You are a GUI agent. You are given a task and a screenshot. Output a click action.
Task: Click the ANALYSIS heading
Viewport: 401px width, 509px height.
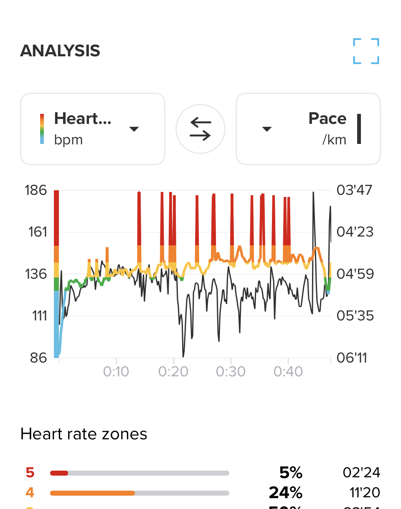[60, 51]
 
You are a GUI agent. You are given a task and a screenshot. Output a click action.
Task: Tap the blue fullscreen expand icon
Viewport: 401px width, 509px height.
[366, 51]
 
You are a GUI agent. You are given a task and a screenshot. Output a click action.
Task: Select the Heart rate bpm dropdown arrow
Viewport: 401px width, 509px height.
[134, 129]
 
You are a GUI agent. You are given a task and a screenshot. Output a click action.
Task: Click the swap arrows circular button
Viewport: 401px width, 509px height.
[200, 129]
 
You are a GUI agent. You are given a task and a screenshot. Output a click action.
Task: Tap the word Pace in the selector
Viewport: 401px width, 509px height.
[327, 119]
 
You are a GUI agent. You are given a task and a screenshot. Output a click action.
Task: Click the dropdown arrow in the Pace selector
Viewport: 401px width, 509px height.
[267, 129]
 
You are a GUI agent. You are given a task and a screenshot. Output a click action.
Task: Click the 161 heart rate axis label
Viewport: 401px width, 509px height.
[38, 232]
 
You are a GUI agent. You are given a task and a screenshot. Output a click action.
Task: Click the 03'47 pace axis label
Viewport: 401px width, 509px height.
[355, 190]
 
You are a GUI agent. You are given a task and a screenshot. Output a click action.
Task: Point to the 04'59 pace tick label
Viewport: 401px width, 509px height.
[355, 274]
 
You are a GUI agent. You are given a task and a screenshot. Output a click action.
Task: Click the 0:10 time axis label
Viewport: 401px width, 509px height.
[116, 371]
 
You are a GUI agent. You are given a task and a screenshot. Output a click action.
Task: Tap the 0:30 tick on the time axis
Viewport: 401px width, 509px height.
[231, 371]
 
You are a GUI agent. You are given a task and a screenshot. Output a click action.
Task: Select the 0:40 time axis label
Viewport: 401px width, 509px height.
[288, 371]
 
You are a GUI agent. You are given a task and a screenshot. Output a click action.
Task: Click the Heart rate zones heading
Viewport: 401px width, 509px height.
[84, 434]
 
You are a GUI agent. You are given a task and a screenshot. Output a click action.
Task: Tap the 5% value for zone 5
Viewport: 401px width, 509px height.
[291, 473]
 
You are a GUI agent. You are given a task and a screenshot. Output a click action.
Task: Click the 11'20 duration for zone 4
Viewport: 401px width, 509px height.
[365, 493]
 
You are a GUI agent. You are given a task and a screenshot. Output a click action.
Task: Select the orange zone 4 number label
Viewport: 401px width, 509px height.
[30, 493]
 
